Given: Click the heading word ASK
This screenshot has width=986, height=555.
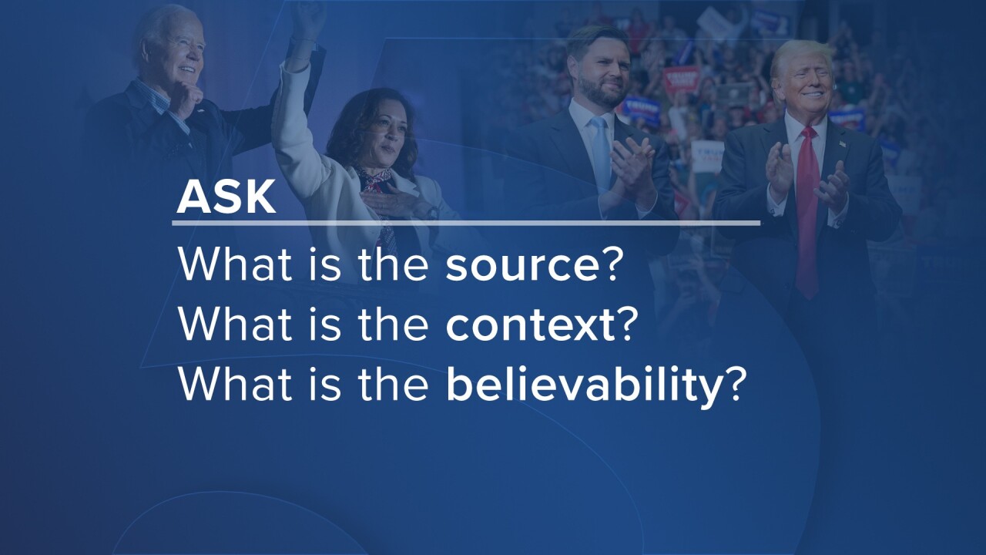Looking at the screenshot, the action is (x=226, y=197).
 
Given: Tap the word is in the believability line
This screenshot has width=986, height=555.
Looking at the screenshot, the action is (x=325, y=383).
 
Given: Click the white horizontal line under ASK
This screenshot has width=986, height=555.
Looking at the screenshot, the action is (x=466, y=224).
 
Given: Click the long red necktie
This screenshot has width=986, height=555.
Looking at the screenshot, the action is (x=807, y=211).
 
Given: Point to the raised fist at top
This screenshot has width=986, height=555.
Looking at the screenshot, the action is (x=308, y=18).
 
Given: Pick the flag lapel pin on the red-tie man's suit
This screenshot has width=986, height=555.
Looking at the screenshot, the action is (x=842, y=143).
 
